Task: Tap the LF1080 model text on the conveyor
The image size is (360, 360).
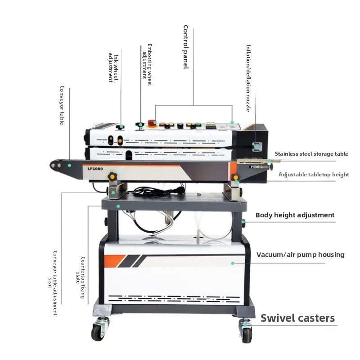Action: (x=95, y=169)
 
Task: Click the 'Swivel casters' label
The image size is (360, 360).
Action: (x=297, y=318)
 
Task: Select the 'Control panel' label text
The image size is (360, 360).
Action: (x=186, y=47)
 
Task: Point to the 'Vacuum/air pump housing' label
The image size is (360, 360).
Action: (x=300, y=255)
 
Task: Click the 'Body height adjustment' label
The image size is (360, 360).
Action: (x=295, y=215)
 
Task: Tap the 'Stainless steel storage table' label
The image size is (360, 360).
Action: (x=311, y=154)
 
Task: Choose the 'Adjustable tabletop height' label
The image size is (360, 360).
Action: (x=314, y=175)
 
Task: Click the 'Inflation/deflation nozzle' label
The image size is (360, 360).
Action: (x=248, y=78)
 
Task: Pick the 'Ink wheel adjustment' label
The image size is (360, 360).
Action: (x=113, y=68)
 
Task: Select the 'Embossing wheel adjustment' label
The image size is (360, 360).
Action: (x=147, y=65)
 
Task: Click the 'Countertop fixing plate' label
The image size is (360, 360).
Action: (x=81, y=278)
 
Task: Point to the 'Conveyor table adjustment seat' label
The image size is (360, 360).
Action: (x=53, y=283)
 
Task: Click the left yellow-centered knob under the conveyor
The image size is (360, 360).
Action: (x=112, y=176)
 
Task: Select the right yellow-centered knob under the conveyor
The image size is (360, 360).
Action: (x=235, y=177)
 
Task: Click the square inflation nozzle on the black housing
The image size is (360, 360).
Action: (x=257, y=147)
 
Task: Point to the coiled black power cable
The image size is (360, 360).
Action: (x=158, y=192)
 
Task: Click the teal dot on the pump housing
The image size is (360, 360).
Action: (x=233, y=263)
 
